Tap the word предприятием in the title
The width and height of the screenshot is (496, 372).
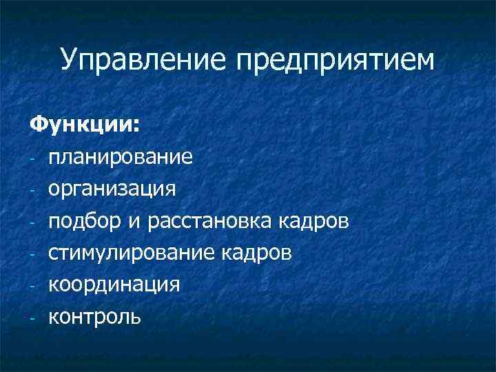click(x=337, y=61)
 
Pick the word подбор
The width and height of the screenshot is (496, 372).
click(x=81, y=221)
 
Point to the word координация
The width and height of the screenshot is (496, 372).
click(x=114, y=285)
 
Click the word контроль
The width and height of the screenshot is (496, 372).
click(x=95, y=316)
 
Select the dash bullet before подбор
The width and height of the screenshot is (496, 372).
click(x=32, y=223)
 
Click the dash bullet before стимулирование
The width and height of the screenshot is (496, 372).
click(x=32, y=255)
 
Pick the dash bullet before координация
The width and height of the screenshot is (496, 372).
click(x=32, y=287)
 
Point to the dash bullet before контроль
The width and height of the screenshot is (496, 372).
click(x=32, y=318)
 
